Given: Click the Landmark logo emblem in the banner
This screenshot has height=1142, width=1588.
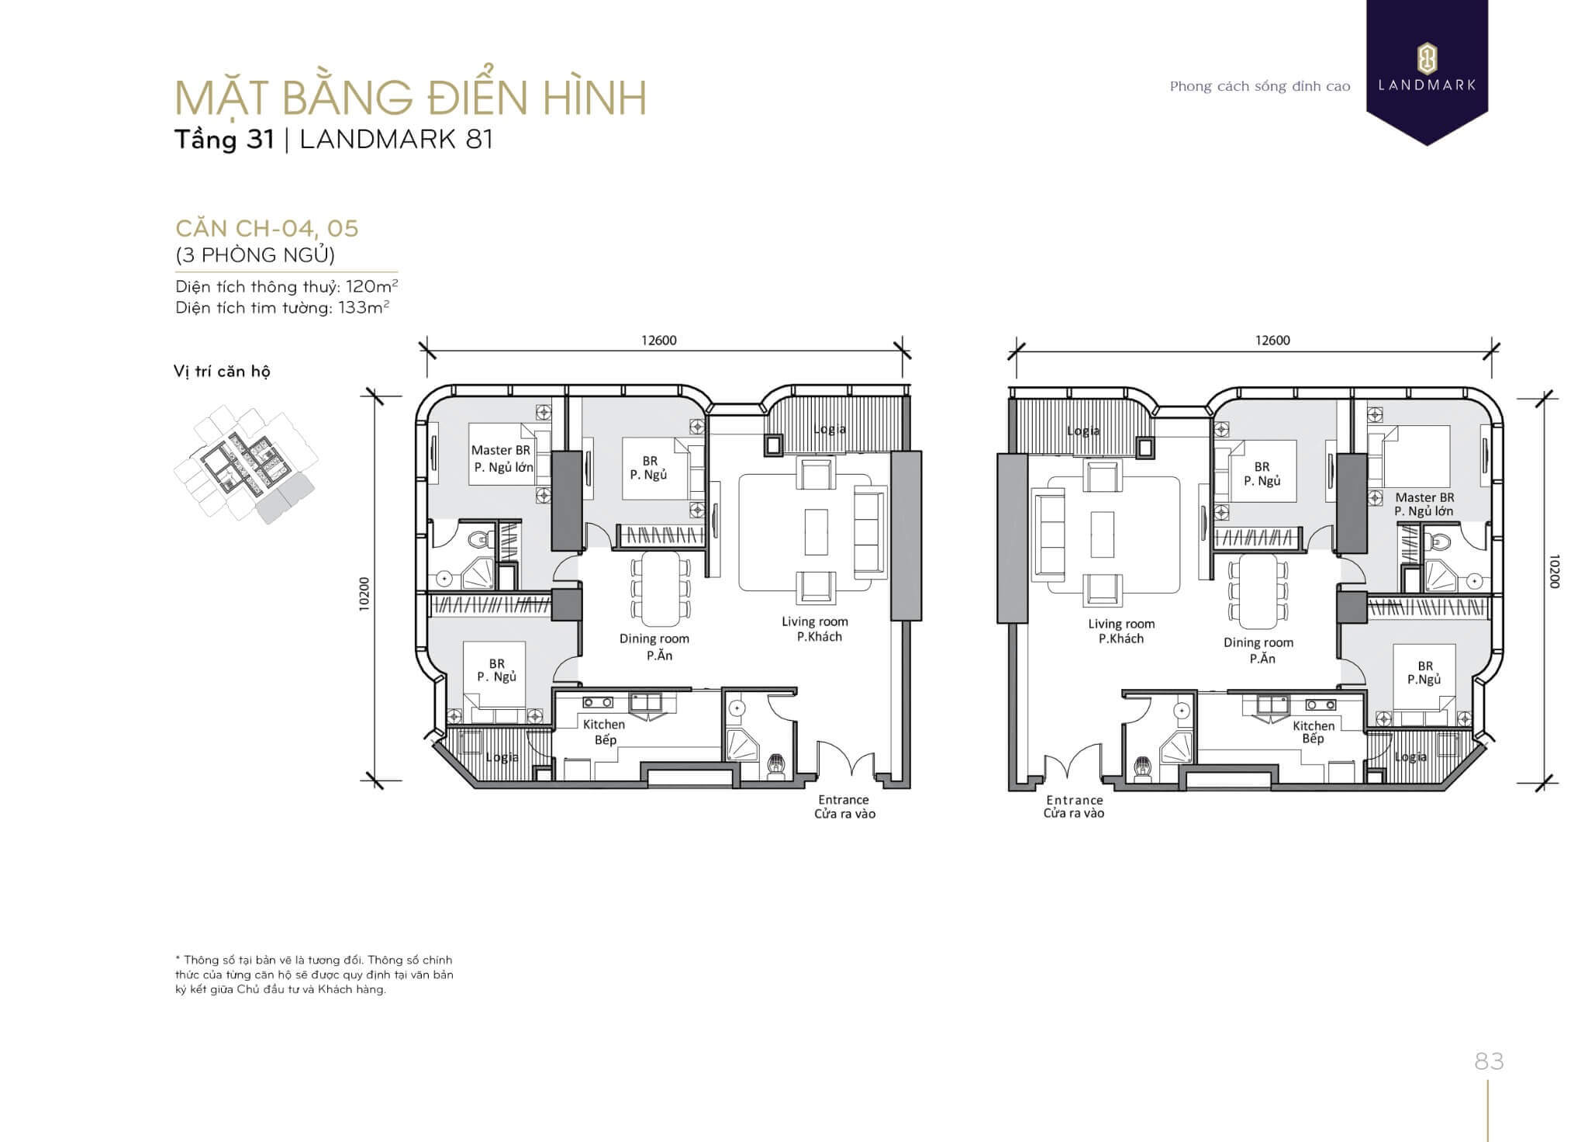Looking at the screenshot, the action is (x=1427, y=58).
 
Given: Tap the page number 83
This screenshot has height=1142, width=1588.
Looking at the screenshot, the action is (x=1489, y=1061).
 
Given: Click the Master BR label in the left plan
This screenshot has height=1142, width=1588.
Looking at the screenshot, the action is (x=501, y=450).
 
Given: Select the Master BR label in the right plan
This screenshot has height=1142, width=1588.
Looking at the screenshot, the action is (x=1424, y=497).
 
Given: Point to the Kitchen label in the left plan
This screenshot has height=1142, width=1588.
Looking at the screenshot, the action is (x=604, y=724).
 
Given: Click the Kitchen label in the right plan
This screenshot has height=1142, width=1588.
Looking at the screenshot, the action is (x=1314, y=725).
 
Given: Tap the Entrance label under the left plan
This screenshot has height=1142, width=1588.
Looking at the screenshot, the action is (x=844, y=800).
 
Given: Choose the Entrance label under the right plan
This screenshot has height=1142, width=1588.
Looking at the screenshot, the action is (x=1075, y=800).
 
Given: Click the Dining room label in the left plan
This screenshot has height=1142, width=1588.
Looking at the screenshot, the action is (x=654, y=638).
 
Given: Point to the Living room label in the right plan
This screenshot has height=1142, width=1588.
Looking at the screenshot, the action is (x=1121, y=624).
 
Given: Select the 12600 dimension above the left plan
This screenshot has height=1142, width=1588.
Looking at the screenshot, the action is (x=659, y=340).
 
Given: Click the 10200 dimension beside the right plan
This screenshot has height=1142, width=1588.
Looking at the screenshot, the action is (x=1553, y=571).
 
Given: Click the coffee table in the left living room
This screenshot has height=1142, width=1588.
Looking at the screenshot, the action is (x=816, y=532).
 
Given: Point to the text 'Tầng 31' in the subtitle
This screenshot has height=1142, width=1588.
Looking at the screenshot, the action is (x=224, y=140).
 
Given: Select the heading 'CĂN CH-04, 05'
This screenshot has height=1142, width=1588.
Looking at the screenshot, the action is (x=267, y=228).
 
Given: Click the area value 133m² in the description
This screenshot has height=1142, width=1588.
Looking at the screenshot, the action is (x=363, y=307).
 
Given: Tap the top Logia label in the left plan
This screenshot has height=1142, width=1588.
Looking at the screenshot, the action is (x=829, y=429).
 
